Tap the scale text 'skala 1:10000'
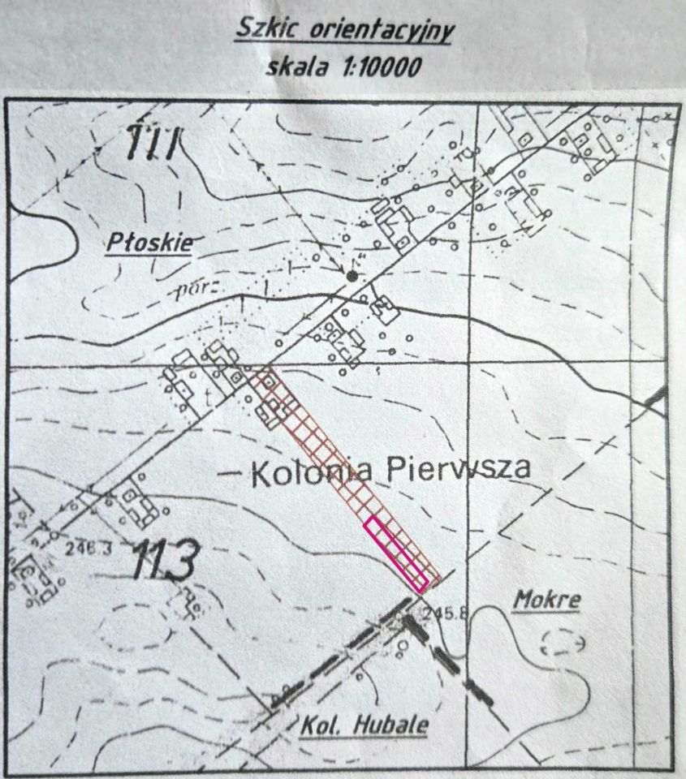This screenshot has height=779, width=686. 343,66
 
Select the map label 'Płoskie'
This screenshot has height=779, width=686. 148,242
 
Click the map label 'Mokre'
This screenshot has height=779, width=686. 548,600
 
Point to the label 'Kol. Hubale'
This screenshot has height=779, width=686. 366,725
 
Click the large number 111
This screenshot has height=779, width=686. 152,144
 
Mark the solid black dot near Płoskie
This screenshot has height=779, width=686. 352,277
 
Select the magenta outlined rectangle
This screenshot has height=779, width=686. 396,553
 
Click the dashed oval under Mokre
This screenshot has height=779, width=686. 563,643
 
